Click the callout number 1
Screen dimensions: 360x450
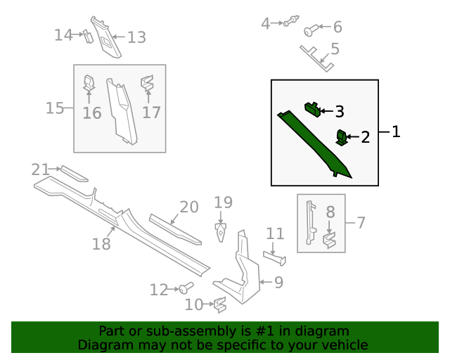click(396, 131)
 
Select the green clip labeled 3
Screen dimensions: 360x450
click(311, 108)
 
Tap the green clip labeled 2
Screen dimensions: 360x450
click(342, 137)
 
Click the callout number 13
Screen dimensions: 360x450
click(136, 37)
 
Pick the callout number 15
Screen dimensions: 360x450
click(55, 108)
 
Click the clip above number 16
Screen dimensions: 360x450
click(89, 84)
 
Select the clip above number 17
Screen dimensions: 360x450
click(148, 82)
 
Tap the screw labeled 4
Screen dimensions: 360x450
click(289, 22)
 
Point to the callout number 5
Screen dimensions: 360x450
click(335, 49)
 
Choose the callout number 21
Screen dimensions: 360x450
click(40, 169)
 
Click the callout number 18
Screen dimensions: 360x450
click(102, 244)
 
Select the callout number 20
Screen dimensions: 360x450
click(189, 207)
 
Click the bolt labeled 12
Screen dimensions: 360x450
click(186, 287)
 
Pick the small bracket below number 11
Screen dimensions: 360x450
click(275, 257)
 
